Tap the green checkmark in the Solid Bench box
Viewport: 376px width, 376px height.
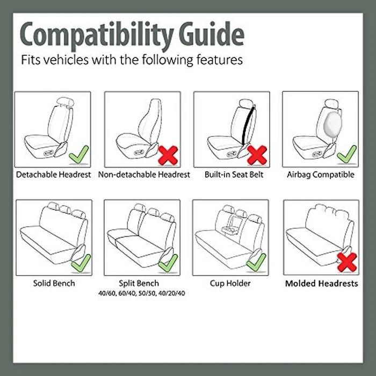click(81, 263)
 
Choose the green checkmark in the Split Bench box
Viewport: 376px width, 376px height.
click(168, 263)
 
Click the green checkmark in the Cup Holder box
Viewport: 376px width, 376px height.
click(256, 262)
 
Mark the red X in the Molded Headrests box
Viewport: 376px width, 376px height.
click(346, 263)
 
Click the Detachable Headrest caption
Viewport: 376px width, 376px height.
click(54, 175)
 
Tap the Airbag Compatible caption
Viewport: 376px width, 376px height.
click(321, 175)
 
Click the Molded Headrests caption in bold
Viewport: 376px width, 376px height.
click(321, 283)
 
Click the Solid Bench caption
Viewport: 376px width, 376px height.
click(54, 283)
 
